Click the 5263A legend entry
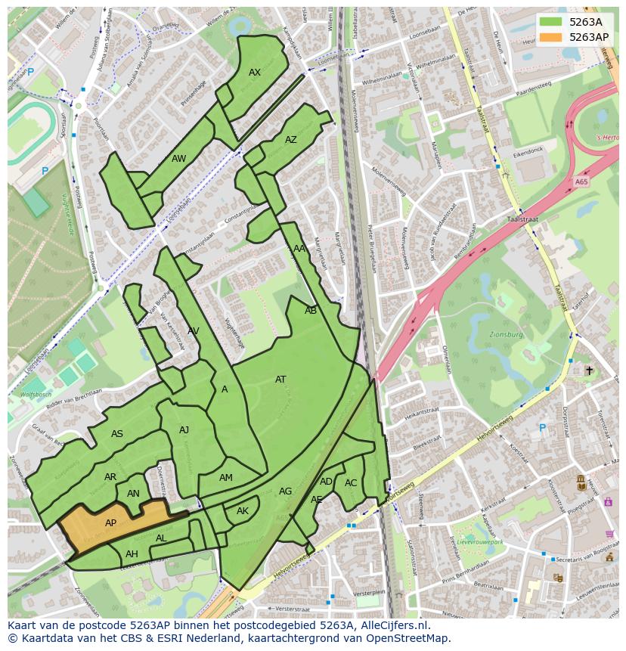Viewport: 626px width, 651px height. point(585,22)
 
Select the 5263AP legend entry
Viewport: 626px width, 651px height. point(588,36)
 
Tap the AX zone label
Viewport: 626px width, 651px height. point(255,73)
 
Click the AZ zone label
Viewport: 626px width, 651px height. point(291,140)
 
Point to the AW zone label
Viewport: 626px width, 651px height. point(178,159)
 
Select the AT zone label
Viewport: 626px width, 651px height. point(280,380)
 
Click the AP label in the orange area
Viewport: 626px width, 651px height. point(110,523)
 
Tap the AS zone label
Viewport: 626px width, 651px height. point(117,434)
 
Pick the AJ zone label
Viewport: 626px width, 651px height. point(184,430)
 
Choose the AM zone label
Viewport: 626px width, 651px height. point(226,478)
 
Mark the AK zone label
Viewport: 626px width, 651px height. point(243,511)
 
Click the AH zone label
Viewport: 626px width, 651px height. point(132,554)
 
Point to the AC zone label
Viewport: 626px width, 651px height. point(351,483)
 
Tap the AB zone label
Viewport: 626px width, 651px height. point(311,311)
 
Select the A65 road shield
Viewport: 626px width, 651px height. point(581,182)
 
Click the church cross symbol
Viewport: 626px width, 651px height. point(589,370)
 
